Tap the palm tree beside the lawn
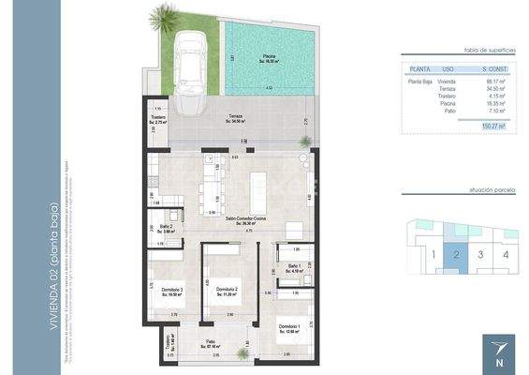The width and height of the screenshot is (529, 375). [165, 18]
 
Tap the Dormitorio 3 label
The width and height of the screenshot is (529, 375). [169, 292]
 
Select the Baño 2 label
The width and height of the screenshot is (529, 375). [165, 228]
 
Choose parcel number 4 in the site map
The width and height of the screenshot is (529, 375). [506, 252]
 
